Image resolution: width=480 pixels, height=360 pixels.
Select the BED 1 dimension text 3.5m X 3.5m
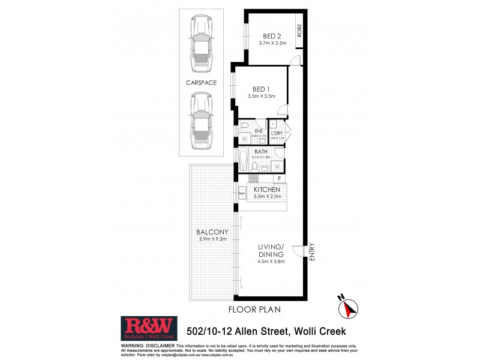coord(261,96)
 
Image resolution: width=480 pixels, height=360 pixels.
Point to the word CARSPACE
coord(201,82)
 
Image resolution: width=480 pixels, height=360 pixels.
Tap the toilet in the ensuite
coord(244,127)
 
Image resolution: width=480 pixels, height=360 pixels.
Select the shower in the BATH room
coord(277,166)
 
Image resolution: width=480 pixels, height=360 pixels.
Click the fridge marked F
coord(278,178)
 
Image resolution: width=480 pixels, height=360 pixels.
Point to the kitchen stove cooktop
coord(253,178)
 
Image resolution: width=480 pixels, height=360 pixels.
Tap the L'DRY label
coord(277,133)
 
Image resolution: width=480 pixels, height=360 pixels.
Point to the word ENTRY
coord(311,251)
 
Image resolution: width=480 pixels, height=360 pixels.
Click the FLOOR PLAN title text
coord(254,310)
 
